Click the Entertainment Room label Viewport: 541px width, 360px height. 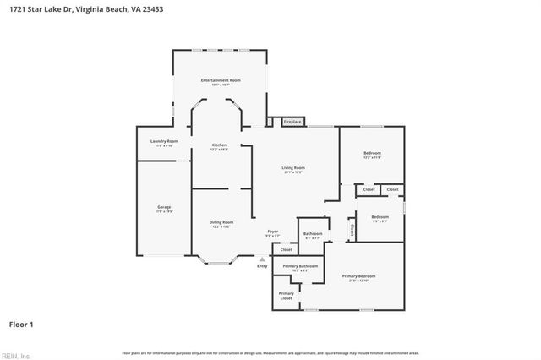221,80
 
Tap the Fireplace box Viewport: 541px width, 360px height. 292,122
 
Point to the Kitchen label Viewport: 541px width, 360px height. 219,145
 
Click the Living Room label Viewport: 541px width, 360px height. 293,168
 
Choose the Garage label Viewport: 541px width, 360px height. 164,207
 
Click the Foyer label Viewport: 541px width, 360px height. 273,231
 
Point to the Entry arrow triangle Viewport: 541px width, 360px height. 262,259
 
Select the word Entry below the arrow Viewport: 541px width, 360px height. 262,267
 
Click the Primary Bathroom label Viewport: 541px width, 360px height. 300,266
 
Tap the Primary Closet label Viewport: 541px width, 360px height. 286,296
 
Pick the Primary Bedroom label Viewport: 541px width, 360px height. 358,276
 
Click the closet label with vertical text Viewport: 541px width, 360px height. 352,228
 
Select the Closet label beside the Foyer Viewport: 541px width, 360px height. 286,250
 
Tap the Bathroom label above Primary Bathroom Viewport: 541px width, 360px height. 313,233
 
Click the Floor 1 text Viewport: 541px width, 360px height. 21,324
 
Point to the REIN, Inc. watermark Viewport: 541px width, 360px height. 14,355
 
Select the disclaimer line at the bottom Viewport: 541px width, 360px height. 270,352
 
